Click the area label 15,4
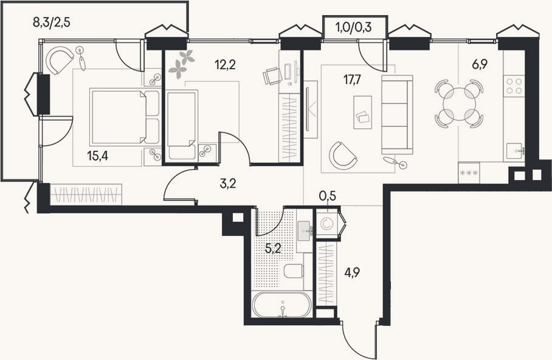tap(97, 156)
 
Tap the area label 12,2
tap(225, 64)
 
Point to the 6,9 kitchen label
tap(480, 64)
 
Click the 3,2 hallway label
tap(227, 184)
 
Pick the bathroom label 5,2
tap(273, 249)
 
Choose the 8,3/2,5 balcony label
tap(52, 22)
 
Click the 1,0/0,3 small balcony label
tap(354, 27)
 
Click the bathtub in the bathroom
tap(282, 304)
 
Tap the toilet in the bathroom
tap(293, 271)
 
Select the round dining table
tap(459, 104)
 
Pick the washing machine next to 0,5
tap(327, 224)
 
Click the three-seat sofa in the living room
tap(397, 114)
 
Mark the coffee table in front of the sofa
tap(362, 112)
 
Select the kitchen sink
tap(516, 152)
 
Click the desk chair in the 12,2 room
tap(272, 76)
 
